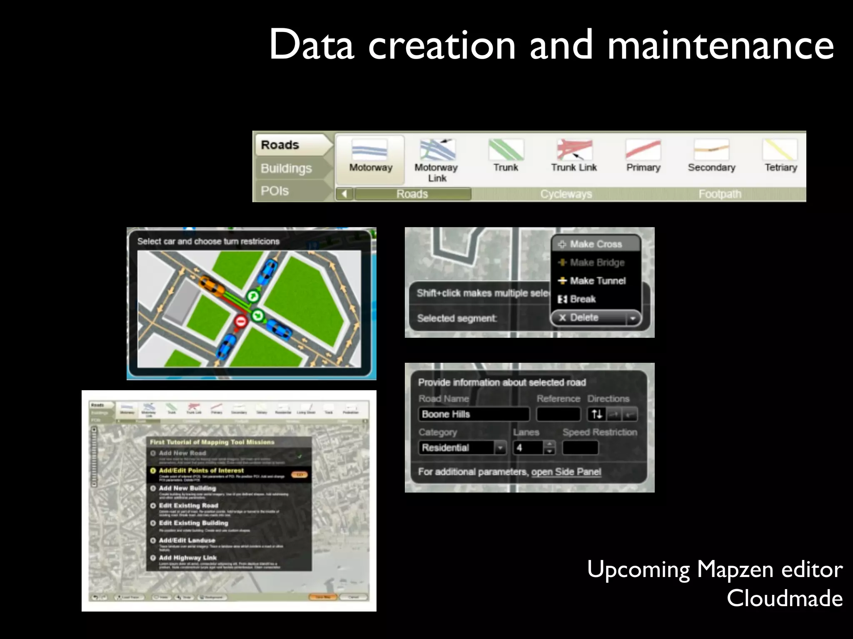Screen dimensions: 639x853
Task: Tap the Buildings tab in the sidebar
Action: coord(286,168)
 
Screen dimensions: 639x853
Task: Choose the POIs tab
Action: coord(275,191)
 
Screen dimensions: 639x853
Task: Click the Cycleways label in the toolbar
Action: coord(566,194)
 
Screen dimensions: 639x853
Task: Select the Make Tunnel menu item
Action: coord(597,281)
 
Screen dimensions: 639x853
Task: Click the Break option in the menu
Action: coord(582,299)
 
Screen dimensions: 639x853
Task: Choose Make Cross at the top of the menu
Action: coord(596,244)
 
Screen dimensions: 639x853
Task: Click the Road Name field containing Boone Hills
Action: coord(474,414)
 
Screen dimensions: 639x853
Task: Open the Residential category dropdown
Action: coord(462,448)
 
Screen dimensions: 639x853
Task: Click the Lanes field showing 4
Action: coord(528,448)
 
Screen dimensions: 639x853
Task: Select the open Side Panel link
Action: coord(566,472)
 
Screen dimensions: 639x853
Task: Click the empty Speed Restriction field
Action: coord(580,448)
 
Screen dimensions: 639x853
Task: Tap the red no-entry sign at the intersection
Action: coord(241,321)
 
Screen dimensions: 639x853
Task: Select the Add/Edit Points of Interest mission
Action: coord(202,471)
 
